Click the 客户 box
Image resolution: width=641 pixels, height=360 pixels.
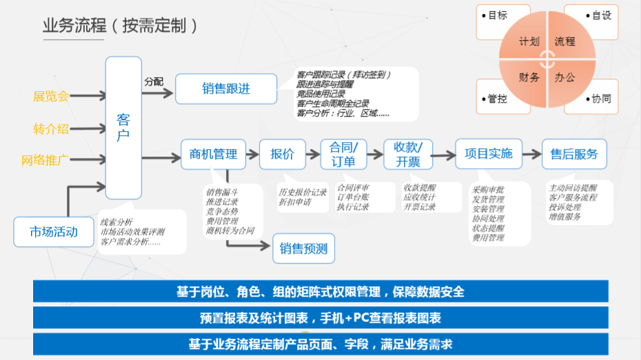click(x=123, y=128)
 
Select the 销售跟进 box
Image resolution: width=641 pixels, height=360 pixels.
click(x=226, y=89)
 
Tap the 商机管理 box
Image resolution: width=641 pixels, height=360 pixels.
click(x=213, y=154)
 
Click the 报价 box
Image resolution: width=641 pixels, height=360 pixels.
click(x=282, y=154)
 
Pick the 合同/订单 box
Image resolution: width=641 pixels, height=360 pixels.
click(x=343, y=154)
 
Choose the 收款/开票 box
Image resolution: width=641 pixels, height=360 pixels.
click(x=407, y=154)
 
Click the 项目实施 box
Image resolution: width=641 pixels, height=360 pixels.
click(x=489, y=154)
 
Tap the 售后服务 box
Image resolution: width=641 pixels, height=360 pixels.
click(x=574, y=154)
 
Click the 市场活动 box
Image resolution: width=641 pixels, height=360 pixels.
click(x=54, y=232)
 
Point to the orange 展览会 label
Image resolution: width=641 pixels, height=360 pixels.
click(x=51, y=96)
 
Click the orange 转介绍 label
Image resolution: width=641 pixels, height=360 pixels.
click(x=51, y=129)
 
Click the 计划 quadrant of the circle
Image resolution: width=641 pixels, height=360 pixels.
click(x=529, y=41)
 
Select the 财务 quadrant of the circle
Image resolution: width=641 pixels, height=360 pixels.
click(x=529, y=77)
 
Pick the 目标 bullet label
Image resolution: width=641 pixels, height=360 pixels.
click(x=497, y=15)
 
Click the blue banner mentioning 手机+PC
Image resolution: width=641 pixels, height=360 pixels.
click(x=320, y=318)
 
